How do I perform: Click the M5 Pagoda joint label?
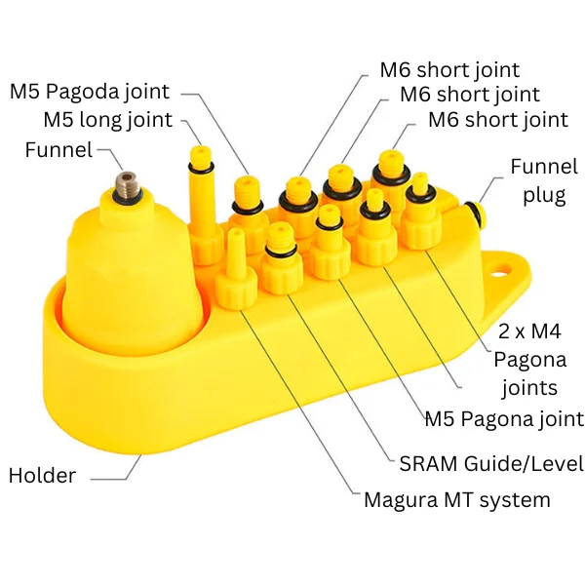tap(90, 92)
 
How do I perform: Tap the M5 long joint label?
tap(107, 121)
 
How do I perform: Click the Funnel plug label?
tap(537, 180)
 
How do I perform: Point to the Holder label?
tap(42, 476)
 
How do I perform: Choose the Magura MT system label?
tap(456, 500)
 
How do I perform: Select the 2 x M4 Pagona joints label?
tap(527, 359)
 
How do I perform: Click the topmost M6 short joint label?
tap(449, 70)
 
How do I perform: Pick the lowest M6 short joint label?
tap(498, 121)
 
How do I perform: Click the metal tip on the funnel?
tap(126, 182)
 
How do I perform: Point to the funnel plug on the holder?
tap(475, 212)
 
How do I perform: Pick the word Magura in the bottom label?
tap(402, 500)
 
